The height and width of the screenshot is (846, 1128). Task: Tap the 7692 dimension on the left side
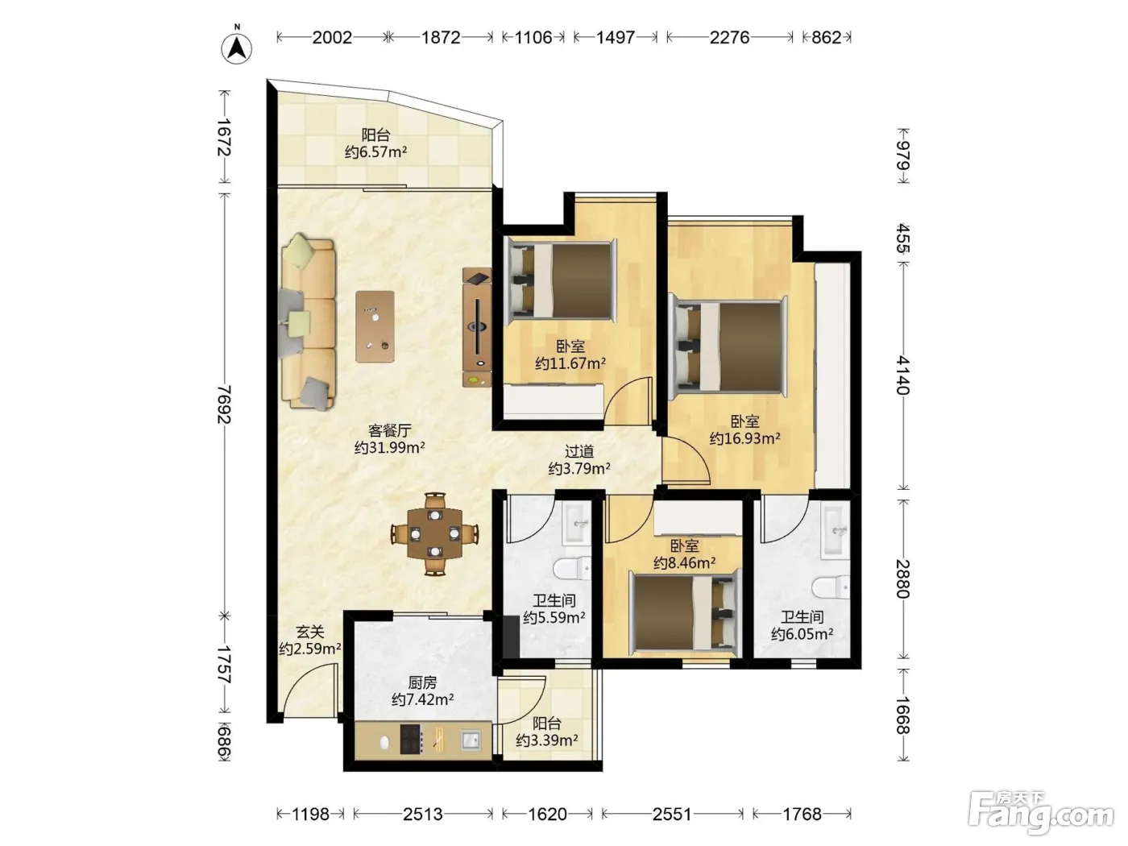click(x=224, y=404)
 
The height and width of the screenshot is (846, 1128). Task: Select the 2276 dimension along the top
click(x=729, y=38)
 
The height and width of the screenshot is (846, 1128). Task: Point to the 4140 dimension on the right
click(x=903, y=375)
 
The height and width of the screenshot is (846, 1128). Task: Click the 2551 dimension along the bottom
click(x=672, y=814)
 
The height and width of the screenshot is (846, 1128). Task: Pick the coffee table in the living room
click(x=375, y=326)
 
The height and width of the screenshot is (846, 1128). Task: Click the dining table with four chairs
click(x=435, y=533)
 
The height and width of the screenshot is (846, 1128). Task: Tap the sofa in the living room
click(x=308, y=321)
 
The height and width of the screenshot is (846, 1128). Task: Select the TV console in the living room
click(x=477, y=327)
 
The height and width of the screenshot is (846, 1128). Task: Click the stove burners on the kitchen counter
click(x=412, y=739)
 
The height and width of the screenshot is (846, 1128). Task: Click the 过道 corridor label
click(x=579, y=451)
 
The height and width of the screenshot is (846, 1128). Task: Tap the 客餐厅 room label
click(x=389, y=430)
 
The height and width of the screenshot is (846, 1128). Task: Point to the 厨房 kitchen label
click(x=422, y=682)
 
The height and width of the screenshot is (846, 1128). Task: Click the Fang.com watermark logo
click(x=1040, y=814)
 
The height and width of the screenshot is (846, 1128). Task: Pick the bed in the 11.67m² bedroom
click(x=561, y=280)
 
